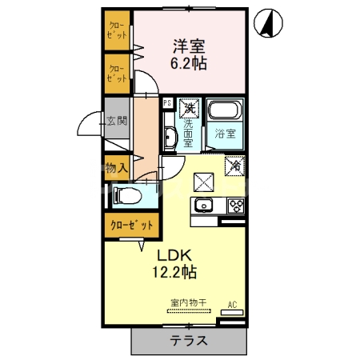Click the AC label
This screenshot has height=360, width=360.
coord(233,304)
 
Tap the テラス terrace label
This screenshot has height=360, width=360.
coord(189,339)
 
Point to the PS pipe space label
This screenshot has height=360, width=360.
coord(167,103)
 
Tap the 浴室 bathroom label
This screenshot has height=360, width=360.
coord(224,134)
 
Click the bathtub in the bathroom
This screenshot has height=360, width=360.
coord(224,113)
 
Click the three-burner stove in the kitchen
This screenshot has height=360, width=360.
coord(235,205)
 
